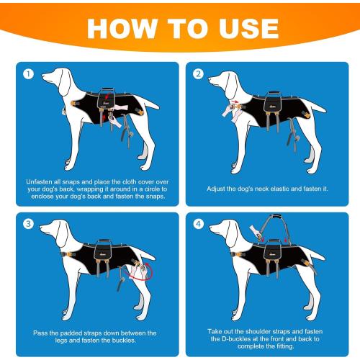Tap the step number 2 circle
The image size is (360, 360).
[198, 74]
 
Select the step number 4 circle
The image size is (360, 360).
[198, 224]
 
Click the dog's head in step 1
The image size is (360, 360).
[54, 79]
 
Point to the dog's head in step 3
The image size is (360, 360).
[54, 232]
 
